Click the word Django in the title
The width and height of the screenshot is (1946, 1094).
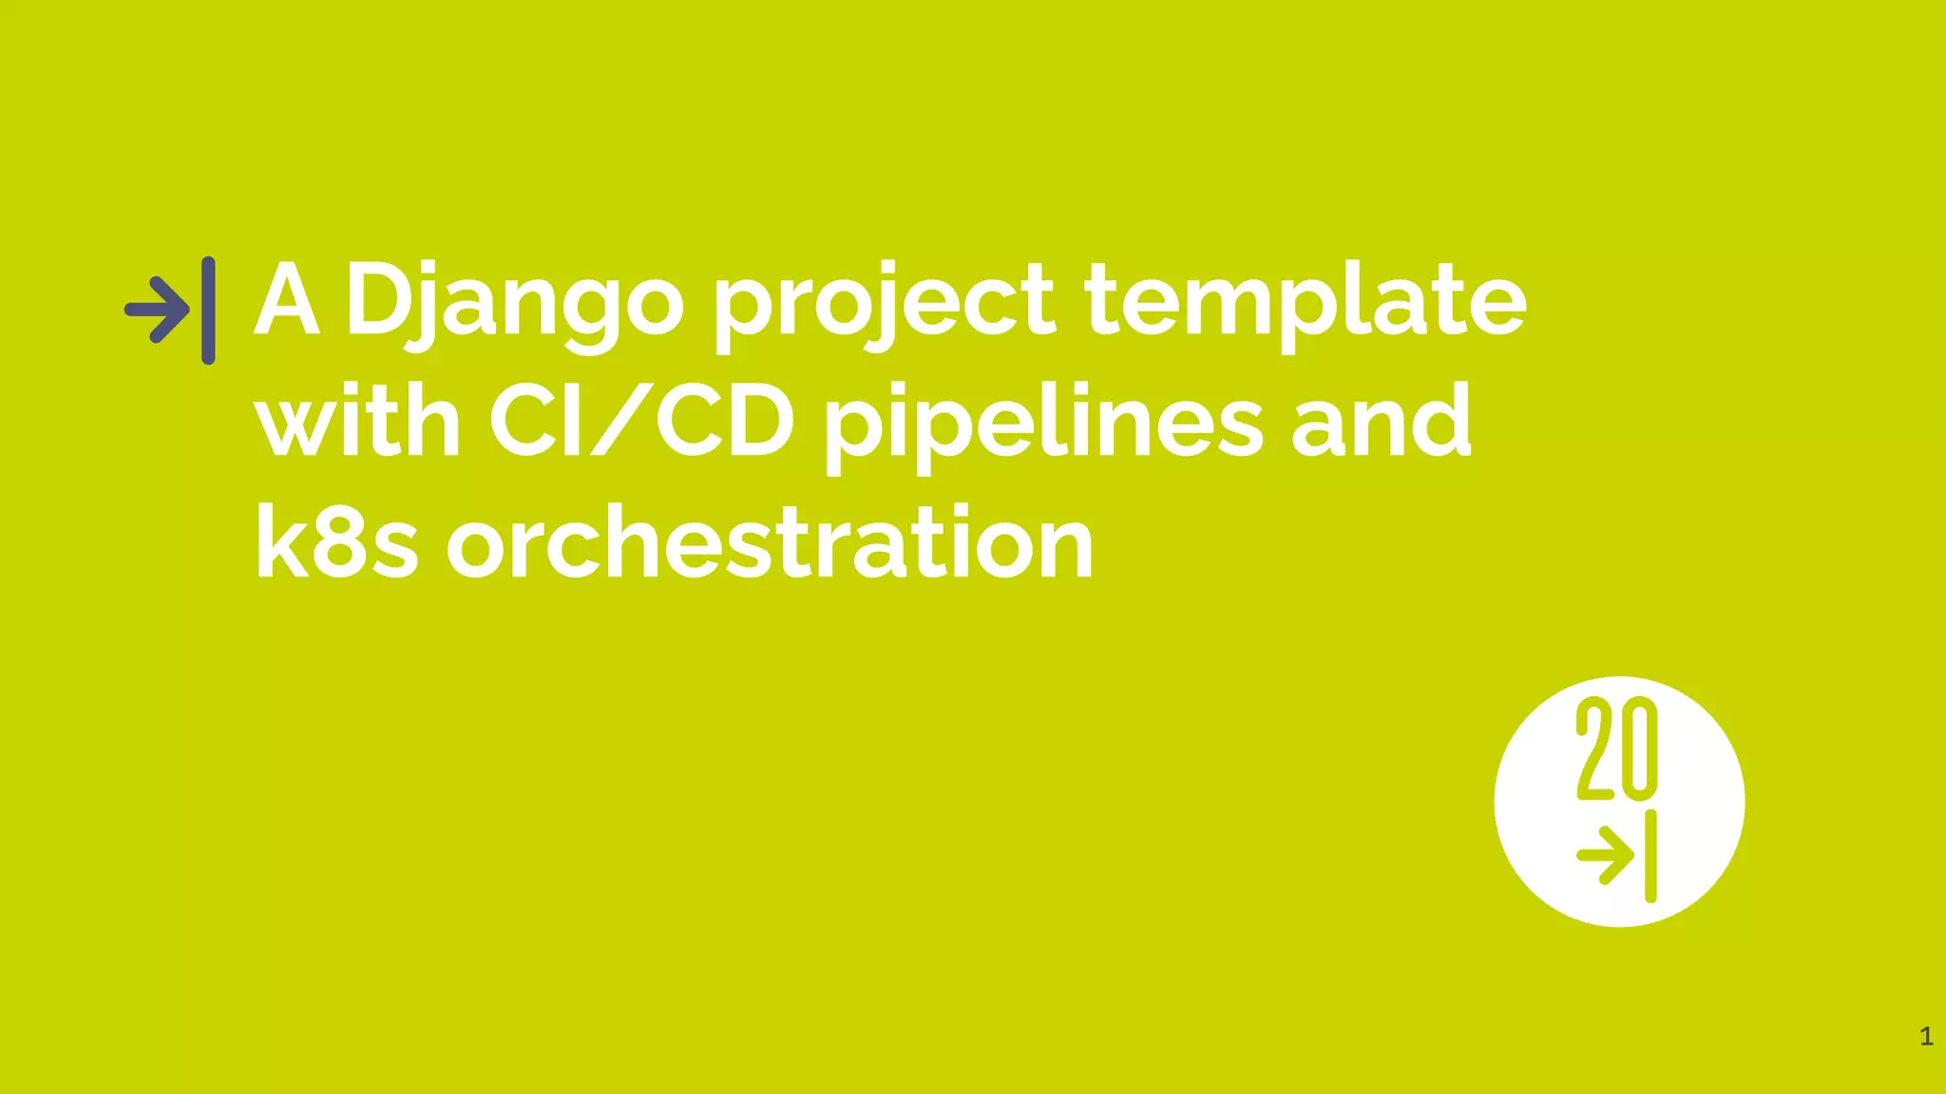tap(513, 302)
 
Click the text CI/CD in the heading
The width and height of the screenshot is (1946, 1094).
tap(642, 421)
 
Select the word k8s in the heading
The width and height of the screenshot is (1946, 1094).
tap(336, 542)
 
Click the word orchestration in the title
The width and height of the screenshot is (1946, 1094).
tap(771, 542)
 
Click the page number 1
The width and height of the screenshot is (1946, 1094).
tap(1926, 1036)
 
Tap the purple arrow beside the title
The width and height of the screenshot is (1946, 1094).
tap(158, 310)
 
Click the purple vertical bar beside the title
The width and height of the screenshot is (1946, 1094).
tap(208, 310)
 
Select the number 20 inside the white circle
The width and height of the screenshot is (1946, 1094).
tap(1616, 749)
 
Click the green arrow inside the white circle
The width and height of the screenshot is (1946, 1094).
tap(1605, 856)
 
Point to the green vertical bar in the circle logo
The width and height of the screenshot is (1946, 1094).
tap(1650, 856)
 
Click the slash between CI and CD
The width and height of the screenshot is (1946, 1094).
tap(622, 421)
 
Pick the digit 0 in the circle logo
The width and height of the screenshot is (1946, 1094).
tap(1638, 749)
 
